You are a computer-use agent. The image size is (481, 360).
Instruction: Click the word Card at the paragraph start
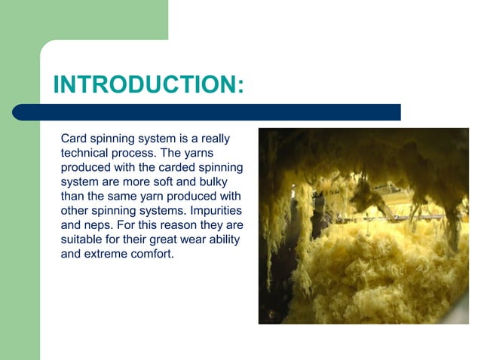coord(74,139)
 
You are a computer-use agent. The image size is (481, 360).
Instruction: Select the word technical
coord(86,153)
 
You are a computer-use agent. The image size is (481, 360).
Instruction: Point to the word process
coord(139,153)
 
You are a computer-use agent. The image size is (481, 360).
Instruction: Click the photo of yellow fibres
coord(363,226)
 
